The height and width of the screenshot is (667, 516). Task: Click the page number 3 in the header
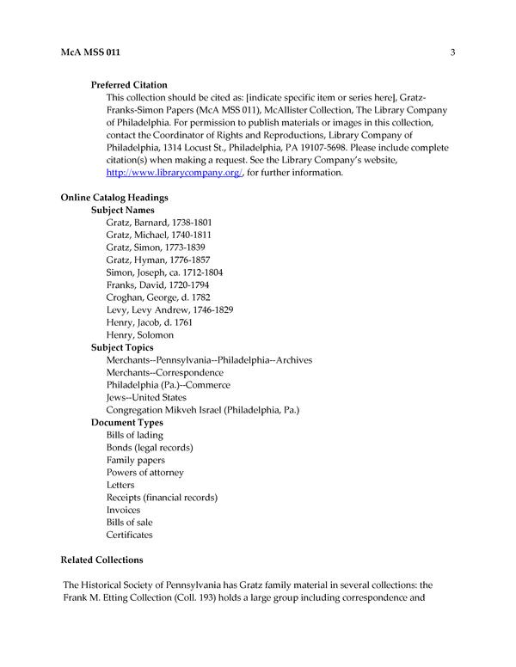(x=451, y=53)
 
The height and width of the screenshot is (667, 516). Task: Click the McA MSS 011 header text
(x=90, y=53)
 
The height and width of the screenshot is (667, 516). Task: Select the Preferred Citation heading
(x=135, y=85)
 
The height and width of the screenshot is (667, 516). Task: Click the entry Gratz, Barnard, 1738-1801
(x=159, y=223)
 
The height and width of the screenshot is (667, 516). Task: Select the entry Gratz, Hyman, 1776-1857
(x=158, y=260)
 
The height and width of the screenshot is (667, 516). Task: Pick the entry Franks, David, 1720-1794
(x=157, y=285)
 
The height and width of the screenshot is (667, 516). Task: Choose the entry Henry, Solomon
(x=140, y=334)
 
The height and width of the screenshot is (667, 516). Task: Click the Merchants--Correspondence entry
(x=165, y=372)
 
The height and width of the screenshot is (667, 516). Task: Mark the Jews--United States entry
(x=146, y=397)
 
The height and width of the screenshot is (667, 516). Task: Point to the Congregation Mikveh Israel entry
(x=203, y=410)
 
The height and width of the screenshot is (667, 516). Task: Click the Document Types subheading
(x=127, y=423)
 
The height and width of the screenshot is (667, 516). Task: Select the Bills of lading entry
(x=135, y=435)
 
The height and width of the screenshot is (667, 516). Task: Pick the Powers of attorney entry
(x=145, y=473)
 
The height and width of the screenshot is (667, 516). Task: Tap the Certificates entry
(x=130, y=535)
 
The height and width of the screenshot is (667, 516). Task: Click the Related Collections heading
(x=101, y=560)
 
